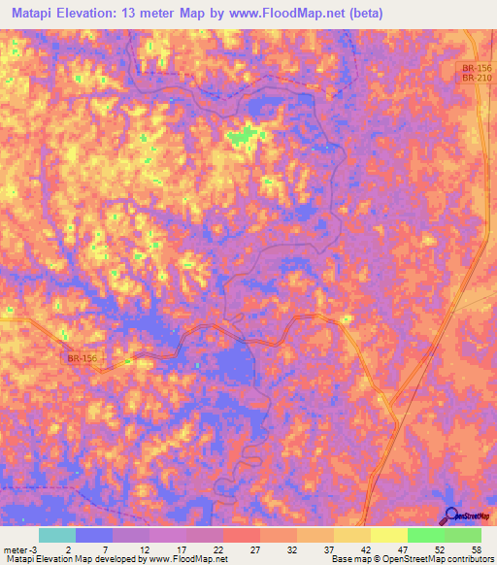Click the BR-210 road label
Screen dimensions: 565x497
(x=474, y=78)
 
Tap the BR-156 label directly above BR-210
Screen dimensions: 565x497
(x=474, y=67)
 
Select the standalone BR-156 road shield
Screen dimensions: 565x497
(x=83, y=358)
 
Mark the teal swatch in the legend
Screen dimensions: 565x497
(x=56, y=535)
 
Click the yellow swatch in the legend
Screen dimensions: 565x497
(x=388, y=535)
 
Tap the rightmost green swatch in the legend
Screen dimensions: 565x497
(x=462, y=535)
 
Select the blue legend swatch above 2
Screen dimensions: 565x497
(x=93, y=535)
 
